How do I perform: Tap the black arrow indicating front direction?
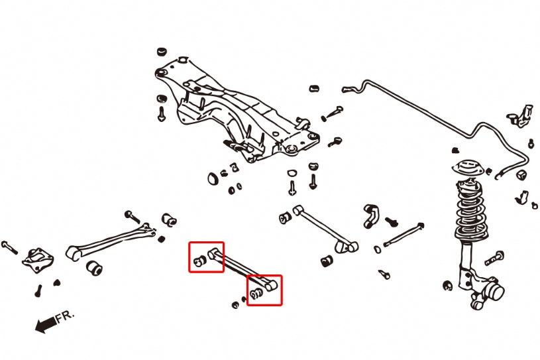pos(46,325)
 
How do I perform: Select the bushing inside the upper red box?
pos(199,261)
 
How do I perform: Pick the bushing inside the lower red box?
pos(256,293)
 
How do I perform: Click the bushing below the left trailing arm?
pos(95,268)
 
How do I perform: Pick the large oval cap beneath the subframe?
pos(213,178)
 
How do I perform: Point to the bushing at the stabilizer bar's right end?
pos(521,174)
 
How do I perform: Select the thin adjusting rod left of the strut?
pos(402,234)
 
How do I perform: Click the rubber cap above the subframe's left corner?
pos(161,51)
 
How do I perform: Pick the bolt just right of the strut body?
pos(496,257)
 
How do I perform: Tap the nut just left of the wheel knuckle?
pos(449,286)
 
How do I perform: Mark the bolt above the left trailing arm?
pos(131,215)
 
